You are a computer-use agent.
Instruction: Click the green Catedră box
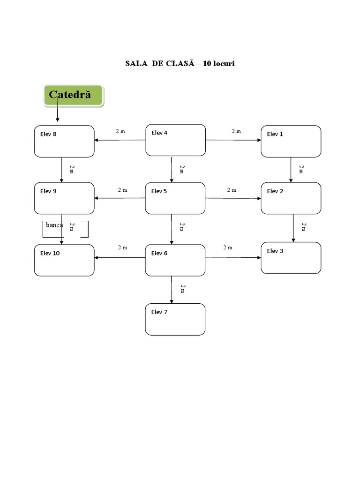(x=73, y=96)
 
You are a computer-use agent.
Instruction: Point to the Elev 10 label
(x=50, y=253)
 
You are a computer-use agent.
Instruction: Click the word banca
(x=54, y=225)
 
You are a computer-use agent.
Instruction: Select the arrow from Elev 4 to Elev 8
(x=120, y=140)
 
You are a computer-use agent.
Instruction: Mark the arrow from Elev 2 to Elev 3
(x=294, y=228)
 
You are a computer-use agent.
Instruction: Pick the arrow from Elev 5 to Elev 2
(x=233, y=198)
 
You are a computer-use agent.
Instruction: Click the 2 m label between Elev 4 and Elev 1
(x=236, y=131)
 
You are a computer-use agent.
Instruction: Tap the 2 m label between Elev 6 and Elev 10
(x=122, y=247)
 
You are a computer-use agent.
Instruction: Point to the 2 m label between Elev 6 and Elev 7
(x=182, y=288)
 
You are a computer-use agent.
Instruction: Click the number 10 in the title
(x=207, y=63)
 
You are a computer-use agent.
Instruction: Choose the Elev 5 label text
(x=159, y=191)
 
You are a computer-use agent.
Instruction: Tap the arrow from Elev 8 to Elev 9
(x=62, y=170)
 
